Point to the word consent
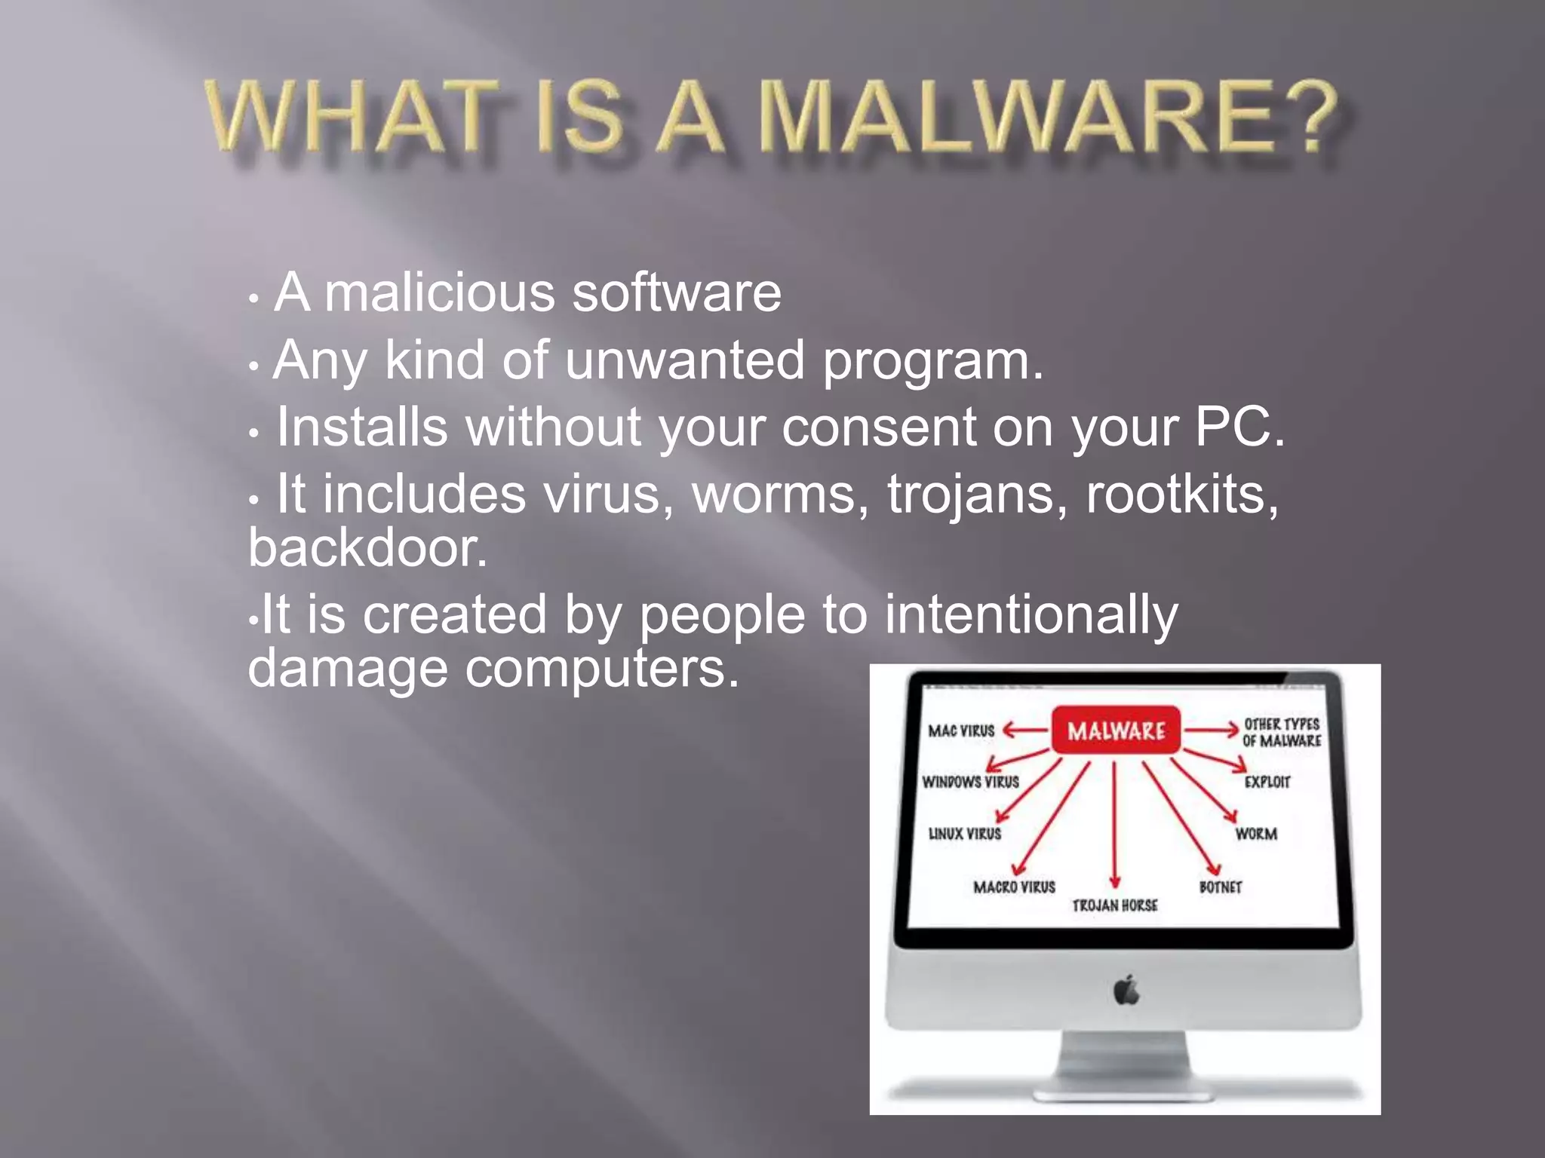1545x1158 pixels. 878,427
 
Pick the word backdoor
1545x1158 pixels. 367,548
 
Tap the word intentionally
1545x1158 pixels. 1031,614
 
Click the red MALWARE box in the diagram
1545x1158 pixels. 1116,730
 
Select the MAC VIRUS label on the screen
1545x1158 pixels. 961,731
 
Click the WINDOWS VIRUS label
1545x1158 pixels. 970,782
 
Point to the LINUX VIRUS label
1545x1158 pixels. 964,834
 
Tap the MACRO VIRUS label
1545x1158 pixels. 1014,887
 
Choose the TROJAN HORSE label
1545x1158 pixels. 1114,905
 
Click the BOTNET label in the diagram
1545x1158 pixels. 1220,887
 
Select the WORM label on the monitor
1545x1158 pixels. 1255,834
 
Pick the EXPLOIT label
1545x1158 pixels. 1267,782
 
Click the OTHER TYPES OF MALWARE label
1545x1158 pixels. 1281,732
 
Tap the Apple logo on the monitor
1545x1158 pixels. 1126,990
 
